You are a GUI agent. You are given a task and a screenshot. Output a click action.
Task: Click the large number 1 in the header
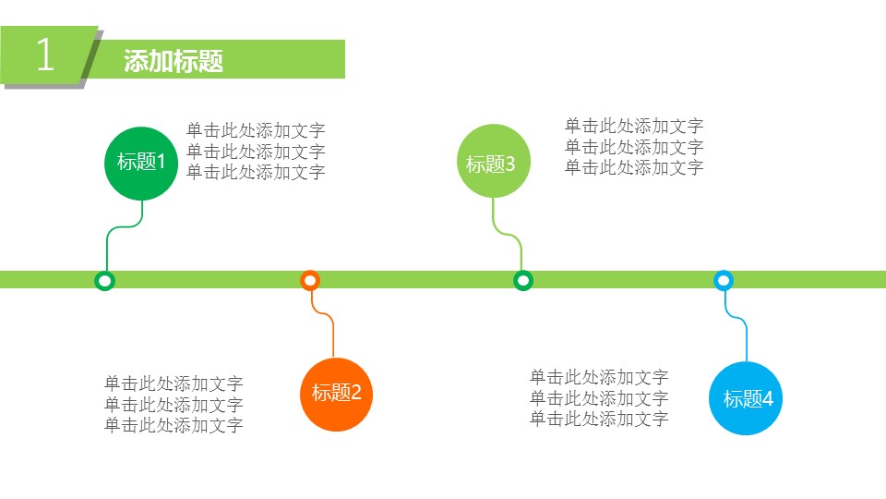44,56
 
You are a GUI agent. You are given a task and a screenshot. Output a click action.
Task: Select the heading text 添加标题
174,61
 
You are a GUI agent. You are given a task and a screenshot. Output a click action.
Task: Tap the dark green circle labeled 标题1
140,163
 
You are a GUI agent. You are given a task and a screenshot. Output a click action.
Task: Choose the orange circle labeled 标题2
336,393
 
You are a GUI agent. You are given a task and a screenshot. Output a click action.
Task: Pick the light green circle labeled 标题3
492,164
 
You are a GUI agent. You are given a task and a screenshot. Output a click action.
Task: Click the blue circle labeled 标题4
747,399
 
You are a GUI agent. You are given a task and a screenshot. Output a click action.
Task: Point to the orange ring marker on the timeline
310,280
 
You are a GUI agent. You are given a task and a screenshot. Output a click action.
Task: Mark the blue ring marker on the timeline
724,280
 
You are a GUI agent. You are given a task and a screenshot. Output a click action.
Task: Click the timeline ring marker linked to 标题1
105,280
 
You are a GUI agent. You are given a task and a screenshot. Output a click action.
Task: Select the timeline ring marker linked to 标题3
523,280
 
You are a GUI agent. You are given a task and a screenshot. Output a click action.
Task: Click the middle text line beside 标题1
256,152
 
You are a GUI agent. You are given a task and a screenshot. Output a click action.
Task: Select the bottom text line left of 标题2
174,426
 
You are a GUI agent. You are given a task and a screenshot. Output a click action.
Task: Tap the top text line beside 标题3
634,127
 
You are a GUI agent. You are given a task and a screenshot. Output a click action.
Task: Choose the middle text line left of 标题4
599,398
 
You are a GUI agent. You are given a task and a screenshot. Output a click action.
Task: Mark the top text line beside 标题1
256,131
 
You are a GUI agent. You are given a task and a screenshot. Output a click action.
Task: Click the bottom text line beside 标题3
634,167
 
